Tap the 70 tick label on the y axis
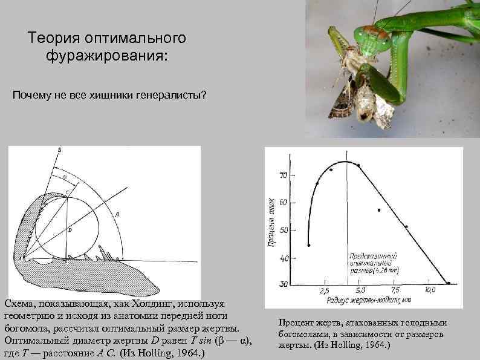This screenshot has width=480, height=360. pos(282,175)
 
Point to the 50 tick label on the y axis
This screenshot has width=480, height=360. pos(282,231)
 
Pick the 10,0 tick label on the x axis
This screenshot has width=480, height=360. pos(430,291)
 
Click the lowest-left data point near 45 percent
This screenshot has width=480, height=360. pos(308,245)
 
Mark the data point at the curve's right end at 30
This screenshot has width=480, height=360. pos(449,283)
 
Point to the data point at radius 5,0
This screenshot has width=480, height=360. pos(358,165)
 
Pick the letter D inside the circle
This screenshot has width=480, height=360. pos(70,231)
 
